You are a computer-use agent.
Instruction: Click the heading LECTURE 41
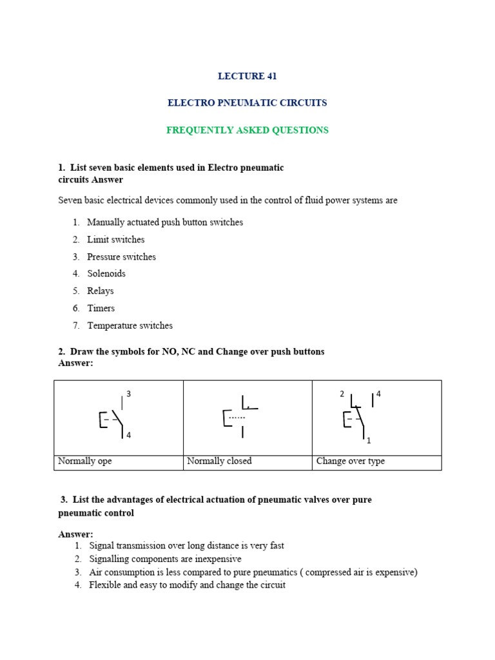click(x=247, y=76)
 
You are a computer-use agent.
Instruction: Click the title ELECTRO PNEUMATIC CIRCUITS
click(x=247, y=103)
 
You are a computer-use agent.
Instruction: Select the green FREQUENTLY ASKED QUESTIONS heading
click(x=247, y=130)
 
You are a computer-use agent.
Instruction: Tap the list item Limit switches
click(x=116, y=240)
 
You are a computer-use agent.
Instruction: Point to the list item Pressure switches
click(x=121, y=257)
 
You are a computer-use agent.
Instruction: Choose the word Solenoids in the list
click(x=106, y=274)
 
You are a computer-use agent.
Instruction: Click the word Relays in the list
click(x=101, y=291)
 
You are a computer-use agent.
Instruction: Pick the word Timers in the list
click(x=101, y=309)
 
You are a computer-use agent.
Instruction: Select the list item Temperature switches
click(x=130, y=326)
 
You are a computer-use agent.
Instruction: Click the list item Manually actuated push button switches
click(x=165, y=222)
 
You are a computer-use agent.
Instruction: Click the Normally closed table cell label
click(x=219, y=461)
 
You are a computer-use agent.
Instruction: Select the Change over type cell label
click(x=350, y=461)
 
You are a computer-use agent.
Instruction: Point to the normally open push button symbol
click(x=113, y=418)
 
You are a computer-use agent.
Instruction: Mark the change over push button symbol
click(x=356, y=417)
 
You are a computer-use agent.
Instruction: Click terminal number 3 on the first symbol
click(x=129, y=394)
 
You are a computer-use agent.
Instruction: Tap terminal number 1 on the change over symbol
click(x=369, y=441)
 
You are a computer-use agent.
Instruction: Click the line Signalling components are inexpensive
click(x=166, y=559)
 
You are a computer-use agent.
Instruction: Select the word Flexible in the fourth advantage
click(x=105, y=585)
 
